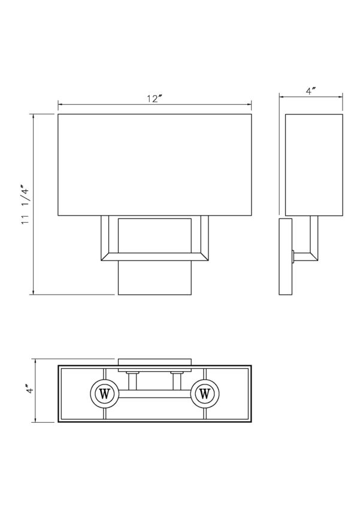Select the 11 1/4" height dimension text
click(x=25, y=204)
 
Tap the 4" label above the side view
click(x=311, y=91)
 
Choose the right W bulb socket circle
click(x=204, y=393)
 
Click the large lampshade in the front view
click(x=155, y=164)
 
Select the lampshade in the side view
click(x=314, y=164)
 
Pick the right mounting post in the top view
click(x=178, y=380)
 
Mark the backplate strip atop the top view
click(x=155, y=361)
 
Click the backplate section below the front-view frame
click(x=155, y=279)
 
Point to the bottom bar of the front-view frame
click(x=155, y=258)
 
